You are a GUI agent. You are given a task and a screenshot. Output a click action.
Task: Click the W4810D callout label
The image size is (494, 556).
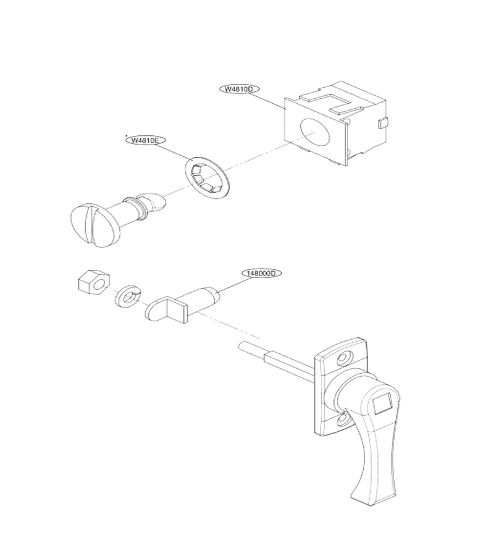pos(240,90)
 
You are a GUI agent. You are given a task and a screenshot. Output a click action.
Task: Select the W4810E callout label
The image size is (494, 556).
pos(146,140)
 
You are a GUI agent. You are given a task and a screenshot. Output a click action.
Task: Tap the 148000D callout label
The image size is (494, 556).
pos(262,274)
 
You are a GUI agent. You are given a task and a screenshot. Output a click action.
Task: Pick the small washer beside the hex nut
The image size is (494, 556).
pos(128,295)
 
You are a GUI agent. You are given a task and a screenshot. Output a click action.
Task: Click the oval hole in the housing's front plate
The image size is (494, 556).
pos(315,132)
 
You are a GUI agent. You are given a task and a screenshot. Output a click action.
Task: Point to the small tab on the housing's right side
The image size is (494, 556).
pos(383,123)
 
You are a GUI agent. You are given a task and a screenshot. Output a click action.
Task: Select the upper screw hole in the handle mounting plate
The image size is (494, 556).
pos(343,358)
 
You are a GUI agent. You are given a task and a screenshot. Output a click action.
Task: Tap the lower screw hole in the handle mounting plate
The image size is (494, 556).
pos(343,421)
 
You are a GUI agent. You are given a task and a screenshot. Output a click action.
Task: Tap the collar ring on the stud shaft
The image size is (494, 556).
pos(140,209)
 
